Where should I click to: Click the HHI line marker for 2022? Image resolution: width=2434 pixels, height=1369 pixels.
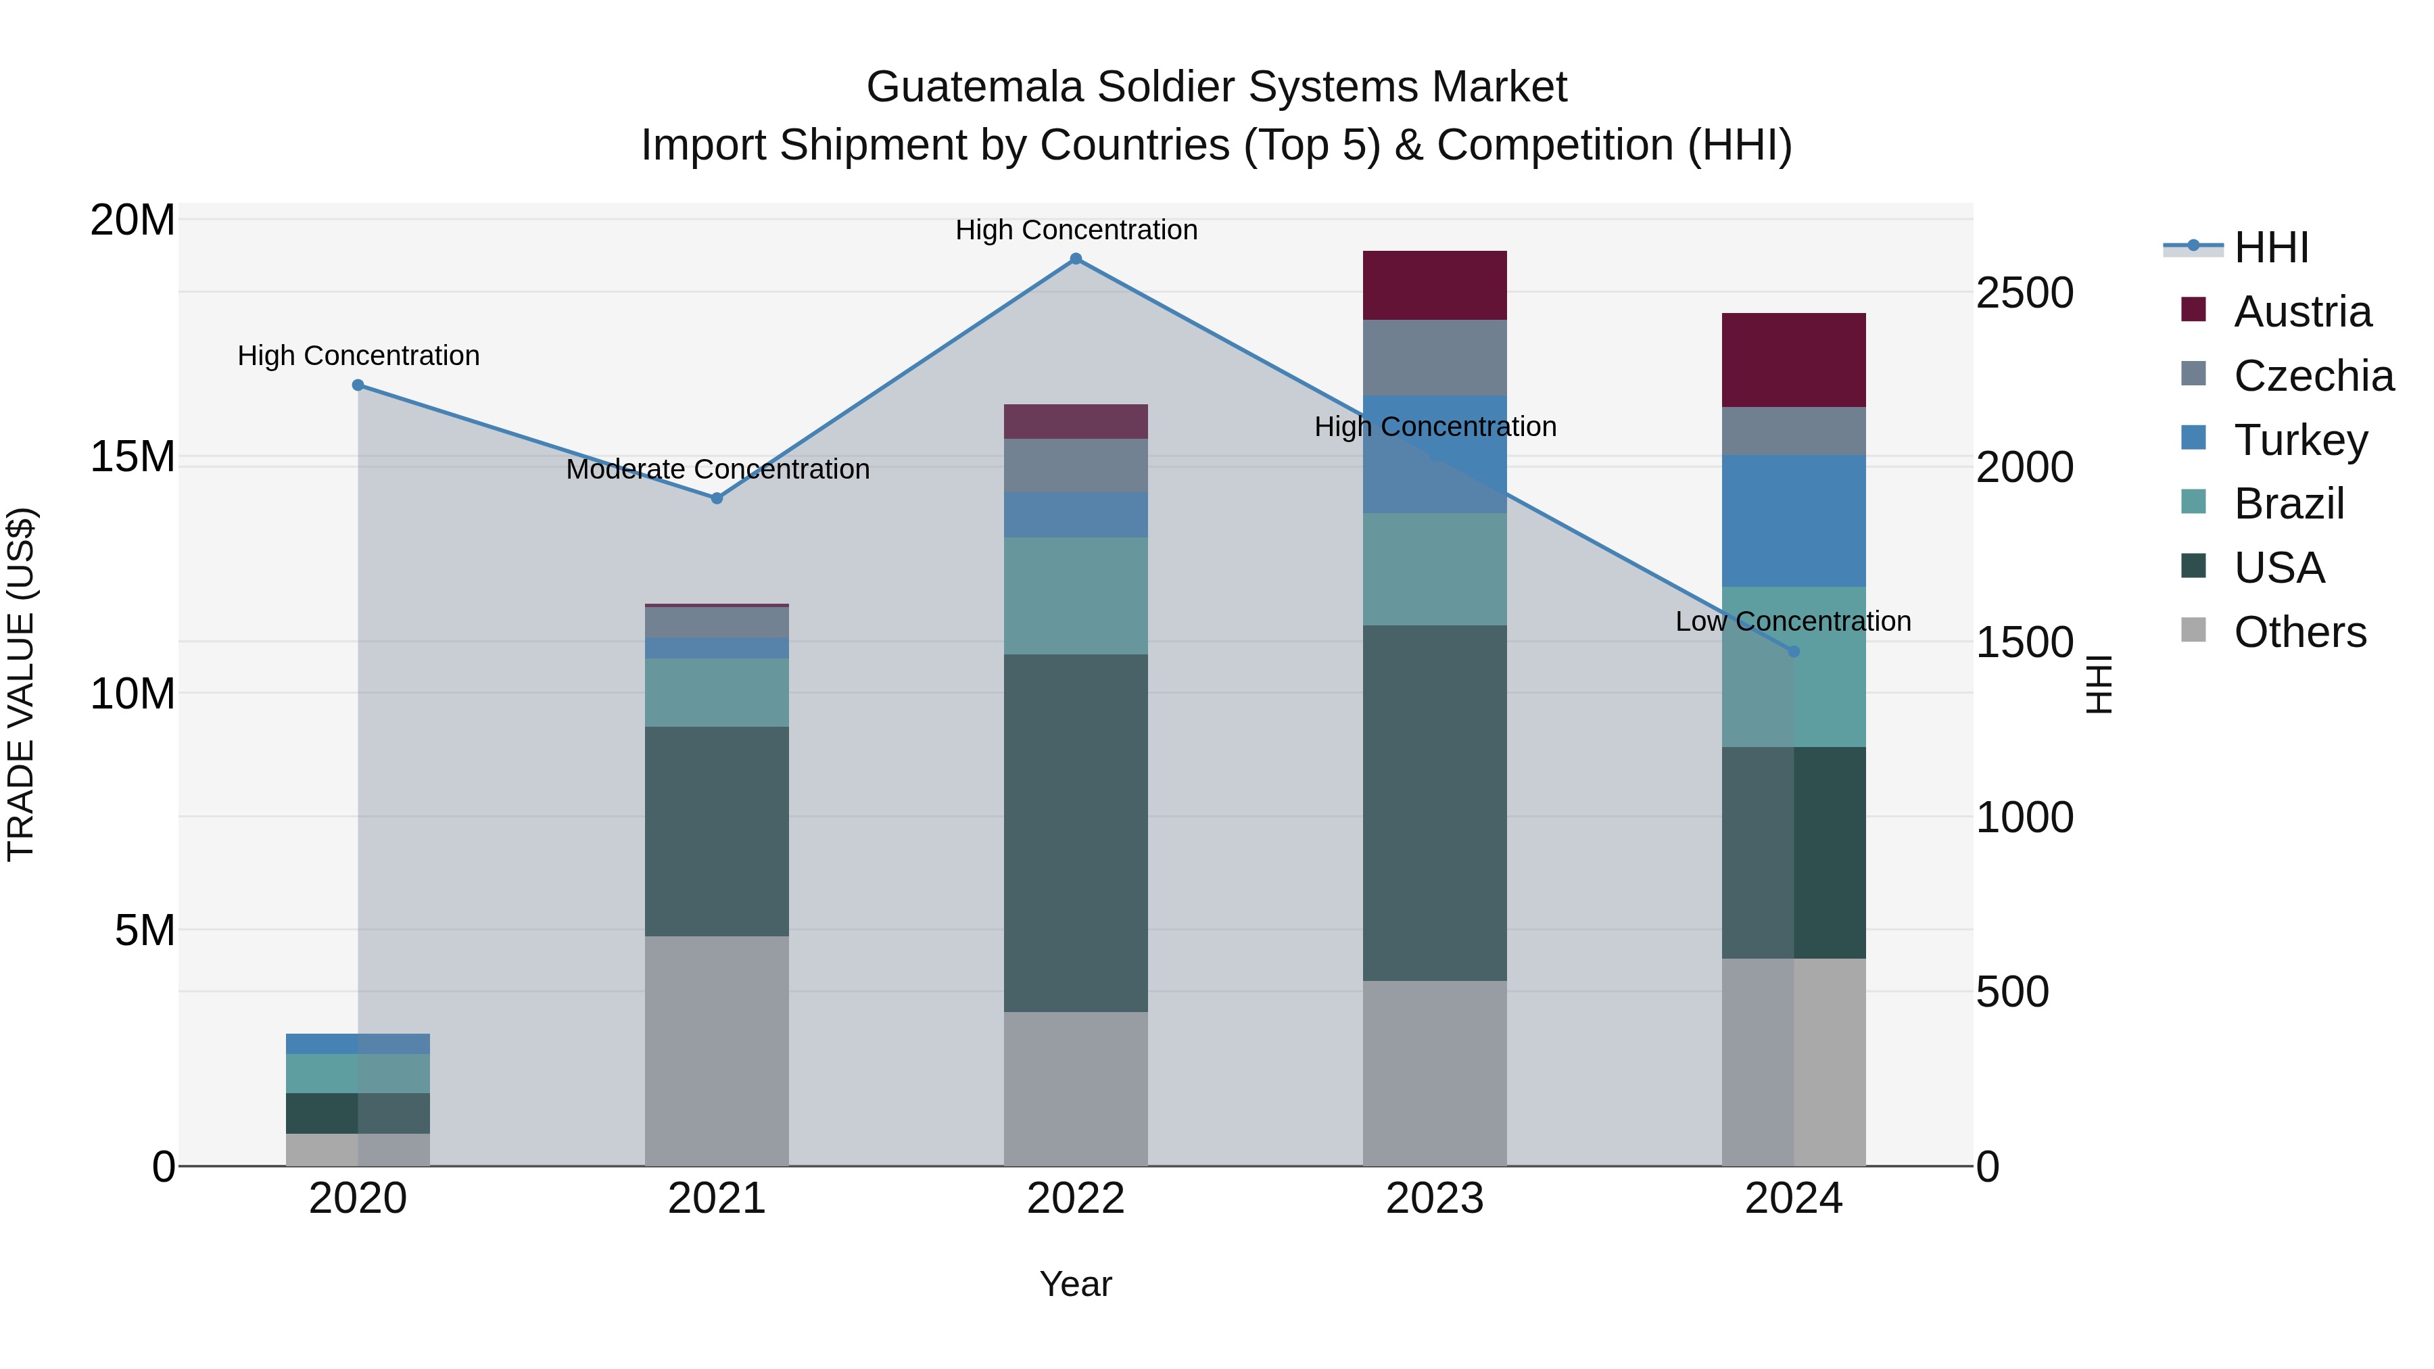1075,259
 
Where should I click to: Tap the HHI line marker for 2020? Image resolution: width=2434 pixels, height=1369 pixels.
358,385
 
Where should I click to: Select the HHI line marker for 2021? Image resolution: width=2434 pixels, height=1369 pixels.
717,498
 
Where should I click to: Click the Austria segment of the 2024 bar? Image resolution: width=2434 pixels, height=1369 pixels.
1793,360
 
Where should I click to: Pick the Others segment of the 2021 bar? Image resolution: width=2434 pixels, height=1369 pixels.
717,1051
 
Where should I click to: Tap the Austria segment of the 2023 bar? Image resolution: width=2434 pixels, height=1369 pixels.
1434,285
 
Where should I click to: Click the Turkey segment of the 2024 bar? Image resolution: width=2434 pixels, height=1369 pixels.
1793,521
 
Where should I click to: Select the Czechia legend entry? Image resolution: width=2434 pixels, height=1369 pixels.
2313,376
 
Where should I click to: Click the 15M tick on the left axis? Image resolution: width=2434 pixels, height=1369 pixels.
133,456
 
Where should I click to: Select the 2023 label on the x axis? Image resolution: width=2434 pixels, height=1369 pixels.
1434,1198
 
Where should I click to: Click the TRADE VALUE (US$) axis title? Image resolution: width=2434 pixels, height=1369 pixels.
21,684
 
